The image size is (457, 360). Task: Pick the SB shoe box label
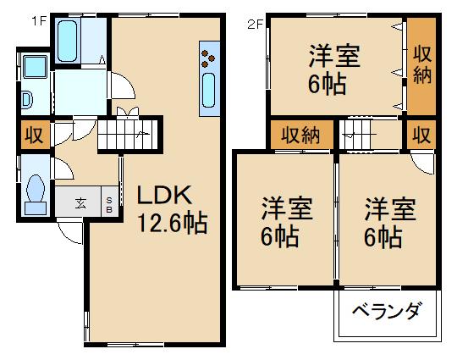(110, 203)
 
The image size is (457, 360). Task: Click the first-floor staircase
(128, 134)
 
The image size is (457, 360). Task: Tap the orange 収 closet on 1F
(33, 136)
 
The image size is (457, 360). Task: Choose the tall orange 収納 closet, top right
(421, 67)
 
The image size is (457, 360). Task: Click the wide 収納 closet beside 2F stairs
(301, 135)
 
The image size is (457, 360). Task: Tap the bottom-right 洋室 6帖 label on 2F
(390, 221)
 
